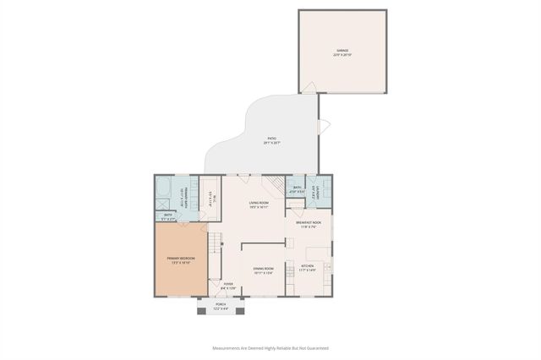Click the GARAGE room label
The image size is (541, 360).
pyautogui.click(x=342, y=52)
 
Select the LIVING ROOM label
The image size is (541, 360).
pyautogui.click(x=259, y=204)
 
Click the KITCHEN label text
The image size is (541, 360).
pyautogui.click(x=308, y=268)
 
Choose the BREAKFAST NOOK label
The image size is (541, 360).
pyautogui.click(x=308, y=224)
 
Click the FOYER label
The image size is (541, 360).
pyautogui.click(x=228, y=286)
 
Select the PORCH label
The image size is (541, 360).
pyautogui.click(x=221, y=306)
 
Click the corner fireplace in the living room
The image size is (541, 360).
pyautogui.click(x=273, y=185)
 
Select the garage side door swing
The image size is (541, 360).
pyautogui.click(x=310, y=87)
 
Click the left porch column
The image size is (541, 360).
pyautogui.click(x=201, y=311)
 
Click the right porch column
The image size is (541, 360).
pyautogui.click(x=239, y=311)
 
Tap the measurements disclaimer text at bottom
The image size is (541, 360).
pyautogui.click(x=270, y=347)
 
